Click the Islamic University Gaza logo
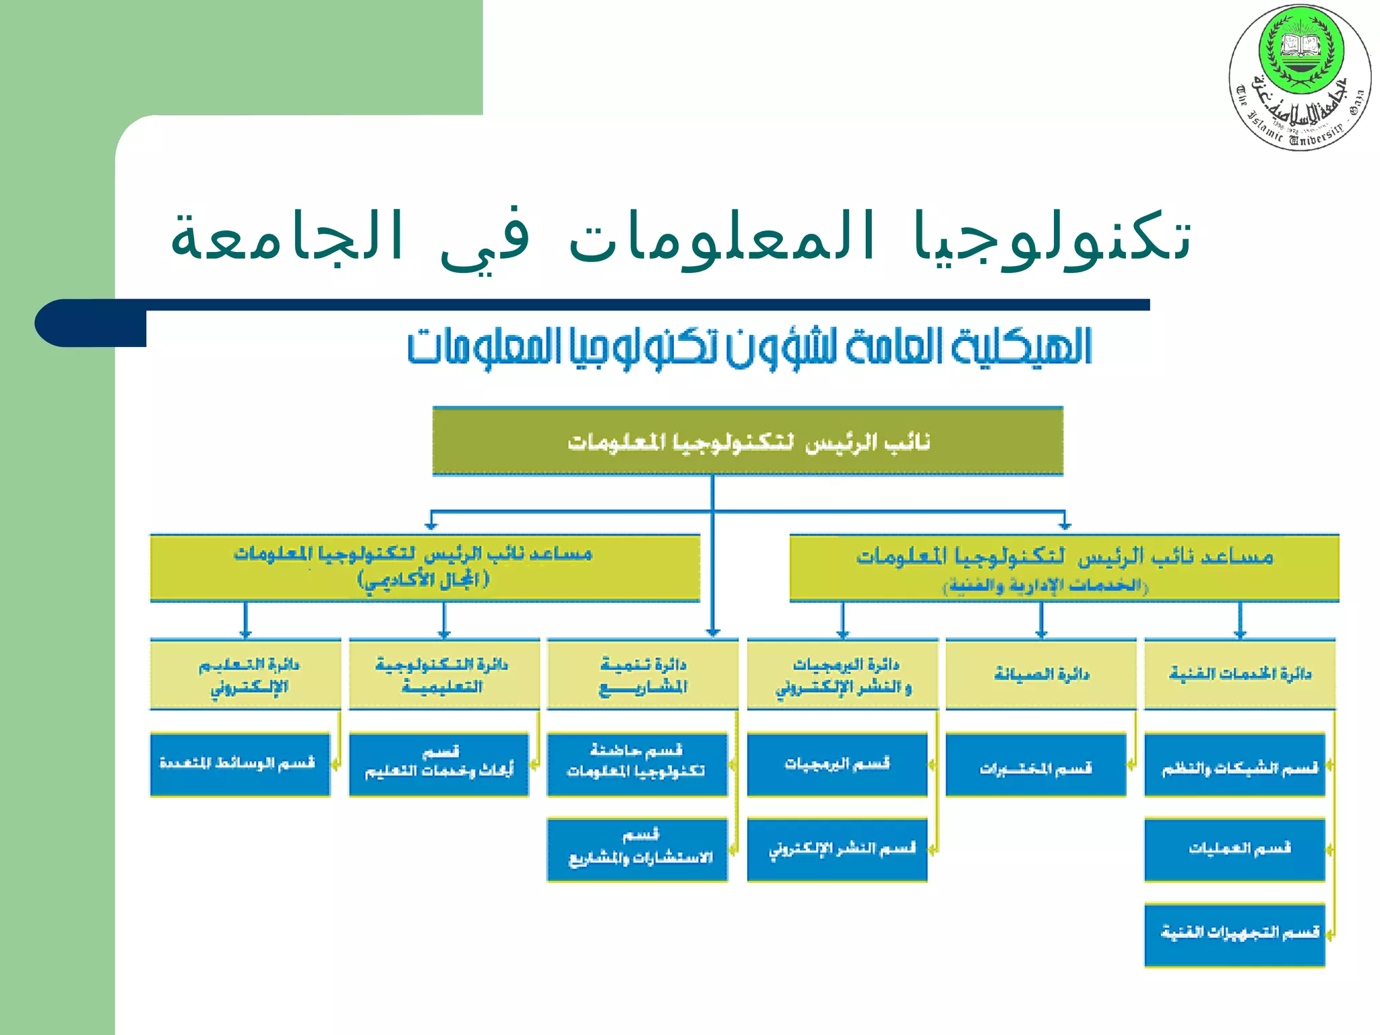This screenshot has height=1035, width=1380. (x=1300, y=77)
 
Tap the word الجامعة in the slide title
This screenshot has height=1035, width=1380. (x=286, y=237)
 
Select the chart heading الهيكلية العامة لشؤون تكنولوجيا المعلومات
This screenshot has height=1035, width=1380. (x=749, y=348)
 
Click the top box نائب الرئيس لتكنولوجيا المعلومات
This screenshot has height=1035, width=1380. (x=747, y=442)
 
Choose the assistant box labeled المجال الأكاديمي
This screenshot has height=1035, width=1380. (x=425, y=567)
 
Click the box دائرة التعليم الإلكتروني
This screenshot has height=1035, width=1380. (x=245, y=675)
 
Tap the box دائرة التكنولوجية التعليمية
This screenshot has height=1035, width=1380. (x=443, y=675)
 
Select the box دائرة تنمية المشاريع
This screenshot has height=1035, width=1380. (x=642, y=675)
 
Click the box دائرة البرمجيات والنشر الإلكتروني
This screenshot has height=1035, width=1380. (x=842, y=675)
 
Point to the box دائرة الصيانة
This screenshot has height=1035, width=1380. (x=1040, y=675)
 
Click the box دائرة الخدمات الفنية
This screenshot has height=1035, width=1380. (x=1239, y=675)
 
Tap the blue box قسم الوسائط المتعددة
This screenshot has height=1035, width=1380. (x=239, y=764)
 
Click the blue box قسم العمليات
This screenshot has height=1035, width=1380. (x=1234, y=849)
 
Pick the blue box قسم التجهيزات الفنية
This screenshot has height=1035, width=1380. (x=1234, y=934)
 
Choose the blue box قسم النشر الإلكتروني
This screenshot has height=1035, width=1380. (x=837, y=849)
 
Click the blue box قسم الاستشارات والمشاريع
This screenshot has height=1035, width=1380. (x=637, y=849)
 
